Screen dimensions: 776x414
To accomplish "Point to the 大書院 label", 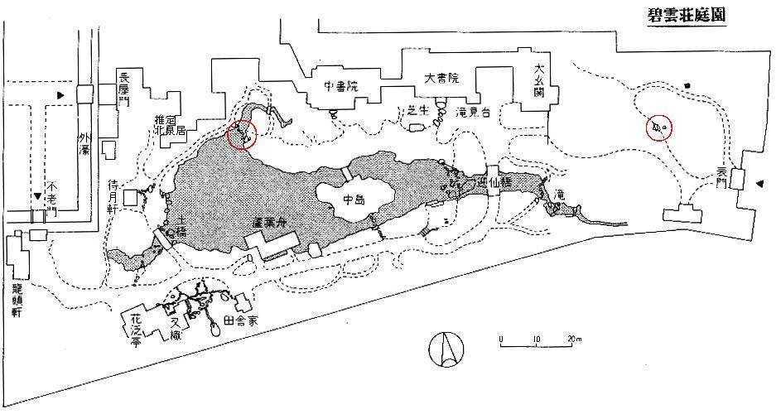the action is [441, 79].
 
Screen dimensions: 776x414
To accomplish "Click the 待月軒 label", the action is [115, 196].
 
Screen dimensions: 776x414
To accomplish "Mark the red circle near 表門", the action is [659, 128].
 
